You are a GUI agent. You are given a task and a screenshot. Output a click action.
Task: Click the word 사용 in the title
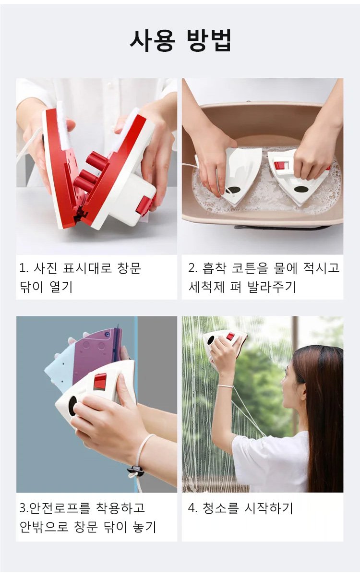tap(153, 41)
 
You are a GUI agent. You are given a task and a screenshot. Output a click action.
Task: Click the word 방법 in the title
tap(208, 41)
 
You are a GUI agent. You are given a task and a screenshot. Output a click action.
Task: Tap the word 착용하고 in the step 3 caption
tap(120, 508)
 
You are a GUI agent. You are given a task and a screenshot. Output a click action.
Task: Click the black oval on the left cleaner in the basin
tap(233, 190)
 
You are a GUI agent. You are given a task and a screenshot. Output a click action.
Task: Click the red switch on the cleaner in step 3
tap(100, 381)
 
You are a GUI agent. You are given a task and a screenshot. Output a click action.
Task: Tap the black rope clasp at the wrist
tap(135, 470)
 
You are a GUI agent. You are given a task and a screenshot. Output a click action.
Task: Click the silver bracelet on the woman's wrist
tap(225, 386)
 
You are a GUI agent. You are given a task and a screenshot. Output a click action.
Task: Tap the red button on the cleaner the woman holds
tap(230, 336)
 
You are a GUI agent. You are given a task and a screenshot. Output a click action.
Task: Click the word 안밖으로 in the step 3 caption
tap(44, 527)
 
